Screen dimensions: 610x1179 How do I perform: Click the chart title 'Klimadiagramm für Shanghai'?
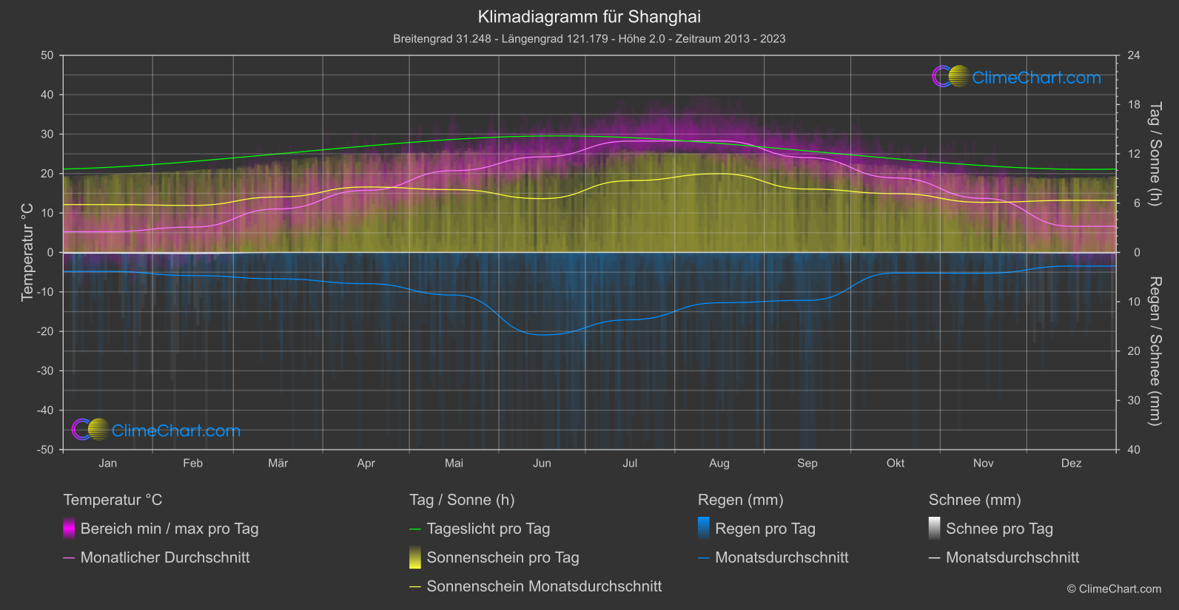click(589, 16)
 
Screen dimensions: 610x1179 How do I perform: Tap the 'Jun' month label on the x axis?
click(542, 463)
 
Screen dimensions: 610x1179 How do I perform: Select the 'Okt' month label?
click(896, 463)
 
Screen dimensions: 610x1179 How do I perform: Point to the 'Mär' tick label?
click(278, 463)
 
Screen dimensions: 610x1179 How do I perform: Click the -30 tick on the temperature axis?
click(46, 371)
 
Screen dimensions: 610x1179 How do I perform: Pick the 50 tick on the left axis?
click(47, 55)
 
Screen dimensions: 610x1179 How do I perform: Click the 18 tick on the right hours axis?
click(1134, 105)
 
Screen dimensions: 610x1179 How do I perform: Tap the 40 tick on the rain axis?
click(1134, 450)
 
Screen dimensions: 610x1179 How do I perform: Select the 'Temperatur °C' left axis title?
click(27, 252)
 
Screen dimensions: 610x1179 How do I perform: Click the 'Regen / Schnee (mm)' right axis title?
click(1155, 351)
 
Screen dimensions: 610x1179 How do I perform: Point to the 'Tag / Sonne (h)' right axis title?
click(1155, 154)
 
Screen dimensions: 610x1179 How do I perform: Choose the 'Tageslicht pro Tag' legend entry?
click(488, 529)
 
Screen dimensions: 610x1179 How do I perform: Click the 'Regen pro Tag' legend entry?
click(765, 529)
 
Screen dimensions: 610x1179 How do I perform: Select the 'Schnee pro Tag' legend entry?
click(999, 529)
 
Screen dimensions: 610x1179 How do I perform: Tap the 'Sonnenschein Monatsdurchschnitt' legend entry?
click(544, 586)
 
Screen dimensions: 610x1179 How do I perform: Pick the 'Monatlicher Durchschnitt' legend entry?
click(164, 558)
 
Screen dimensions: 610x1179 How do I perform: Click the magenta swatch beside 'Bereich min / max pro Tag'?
click(69, 529)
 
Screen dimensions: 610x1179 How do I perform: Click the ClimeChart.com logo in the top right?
click(1016, 77)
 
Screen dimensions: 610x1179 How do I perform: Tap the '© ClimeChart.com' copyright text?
click(1114, 589)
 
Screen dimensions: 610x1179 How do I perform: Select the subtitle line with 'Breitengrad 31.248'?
click(589, 38)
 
